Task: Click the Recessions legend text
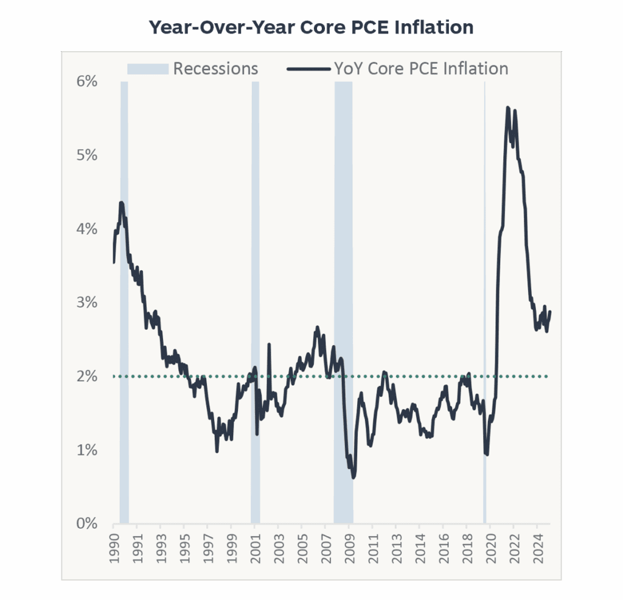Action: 215,68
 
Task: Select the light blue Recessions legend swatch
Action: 147,69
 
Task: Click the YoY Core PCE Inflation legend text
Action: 421,68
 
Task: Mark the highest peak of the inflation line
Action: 507,108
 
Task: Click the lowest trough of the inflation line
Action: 353,478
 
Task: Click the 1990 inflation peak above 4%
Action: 122,203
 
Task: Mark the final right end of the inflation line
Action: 550,312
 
